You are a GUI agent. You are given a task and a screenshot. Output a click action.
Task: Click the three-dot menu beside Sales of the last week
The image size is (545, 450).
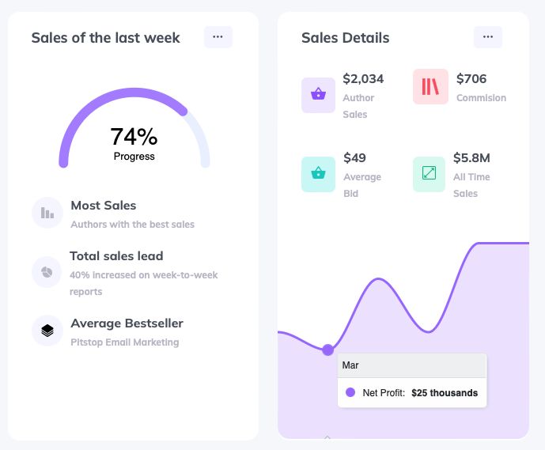pos(218,37)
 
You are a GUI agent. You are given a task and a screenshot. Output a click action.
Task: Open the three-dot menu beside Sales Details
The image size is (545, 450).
pos(488,37)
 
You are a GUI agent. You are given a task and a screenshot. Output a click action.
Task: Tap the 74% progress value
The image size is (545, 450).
pos(134,137)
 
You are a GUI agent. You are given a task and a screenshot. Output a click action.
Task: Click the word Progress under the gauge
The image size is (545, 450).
pos(134,157)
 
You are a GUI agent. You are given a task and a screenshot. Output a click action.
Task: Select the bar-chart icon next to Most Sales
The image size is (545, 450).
pos(47,213)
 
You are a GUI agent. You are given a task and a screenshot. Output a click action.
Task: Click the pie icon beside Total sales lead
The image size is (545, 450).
pos(47,272)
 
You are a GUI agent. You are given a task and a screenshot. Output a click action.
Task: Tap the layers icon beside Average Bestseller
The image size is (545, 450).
pos(47,331)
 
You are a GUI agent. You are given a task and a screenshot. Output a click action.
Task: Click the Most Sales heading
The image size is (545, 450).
pos(104,206)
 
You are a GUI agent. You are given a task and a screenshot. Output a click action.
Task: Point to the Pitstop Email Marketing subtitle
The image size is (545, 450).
pos(125,342)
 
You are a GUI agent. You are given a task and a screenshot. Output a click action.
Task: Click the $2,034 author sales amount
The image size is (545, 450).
pos(363,79)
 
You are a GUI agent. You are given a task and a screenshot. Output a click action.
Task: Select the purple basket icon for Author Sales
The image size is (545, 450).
pos(318,95)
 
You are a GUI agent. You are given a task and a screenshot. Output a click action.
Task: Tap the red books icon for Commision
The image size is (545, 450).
pos(430,87)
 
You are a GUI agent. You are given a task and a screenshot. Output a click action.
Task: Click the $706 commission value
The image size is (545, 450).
pos(471,79)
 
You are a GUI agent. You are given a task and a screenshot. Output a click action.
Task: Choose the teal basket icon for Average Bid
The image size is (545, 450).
pos(318,174)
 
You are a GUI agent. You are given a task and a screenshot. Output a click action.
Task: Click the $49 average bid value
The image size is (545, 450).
pos(354,158)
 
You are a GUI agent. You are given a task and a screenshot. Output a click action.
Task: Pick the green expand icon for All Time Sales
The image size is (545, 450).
pos(430,174)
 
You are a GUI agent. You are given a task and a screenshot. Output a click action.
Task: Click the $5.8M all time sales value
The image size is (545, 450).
pos(471,158)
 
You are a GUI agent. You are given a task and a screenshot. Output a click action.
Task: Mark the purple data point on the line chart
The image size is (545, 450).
pos(328,350)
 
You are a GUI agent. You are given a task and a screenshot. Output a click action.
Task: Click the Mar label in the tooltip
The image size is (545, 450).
pos(350,365)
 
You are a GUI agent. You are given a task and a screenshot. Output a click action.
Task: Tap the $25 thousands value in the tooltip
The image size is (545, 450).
pos(445,393)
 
